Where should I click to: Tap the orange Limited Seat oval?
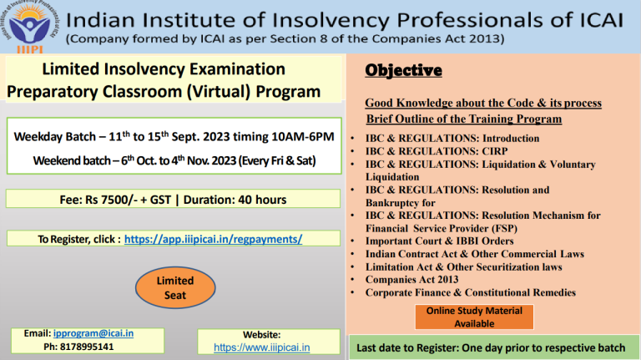(x=175, y=287)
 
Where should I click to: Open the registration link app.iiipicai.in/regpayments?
(x=213, y=239)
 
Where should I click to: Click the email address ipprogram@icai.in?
(x=93, y=333)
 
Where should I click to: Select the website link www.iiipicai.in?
(x=261, y=347)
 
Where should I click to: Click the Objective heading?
(x=403, y=70)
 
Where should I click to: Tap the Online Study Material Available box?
(x=474, y=317)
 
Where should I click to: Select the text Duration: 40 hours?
(x=235, y=200)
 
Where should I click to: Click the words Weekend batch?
(x=72, y=160)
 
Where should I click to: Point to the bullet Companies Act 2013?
(x=412, y=280)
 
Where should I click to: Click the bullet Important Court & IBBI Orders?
(x=440, y=241)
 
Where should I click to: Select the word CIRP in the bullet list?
(x=495, y=151)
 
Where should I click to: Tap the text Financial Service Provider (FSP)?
(x=442, y=228)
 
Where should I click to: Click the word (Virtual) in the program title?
(x=219, y=92)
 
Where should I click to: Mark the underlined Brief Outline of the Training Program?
(x=464, y=119)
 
